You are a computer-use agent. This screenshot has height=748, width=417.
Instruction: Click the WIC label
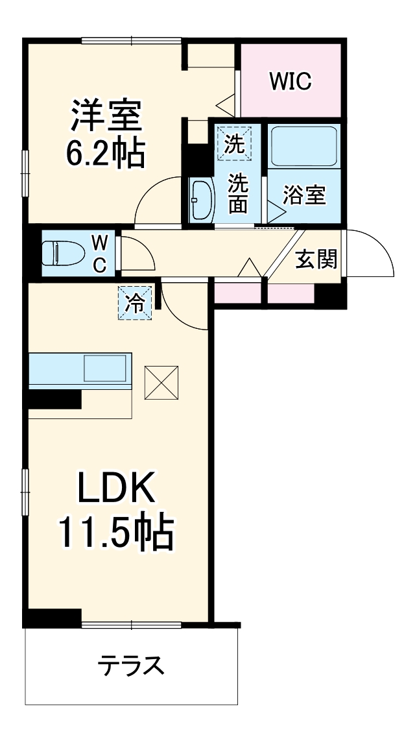click(x=290, y=82)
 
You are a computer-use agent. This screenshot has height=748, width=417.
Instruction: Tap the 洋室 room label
click(x=106, y=116)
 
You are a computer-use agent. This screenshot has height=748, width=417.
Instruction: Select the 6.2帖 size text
click(x=106, y=152)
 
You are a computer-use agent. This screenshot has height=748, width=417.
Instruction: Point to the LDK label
click(x=117, y=488)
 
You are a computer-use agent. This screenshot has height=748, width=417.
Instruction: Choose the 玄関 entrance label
click(x=316, y=259)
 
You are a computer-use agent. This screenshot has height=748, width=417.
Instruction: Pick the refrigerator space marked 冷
click(x=135, y=302)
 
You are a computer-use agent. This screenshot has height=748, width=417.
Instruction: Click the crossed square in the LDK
click(x=161, y=383)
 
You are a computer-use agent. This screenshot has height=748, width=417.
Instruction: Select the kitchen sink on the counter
click(x=106, y=368)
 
